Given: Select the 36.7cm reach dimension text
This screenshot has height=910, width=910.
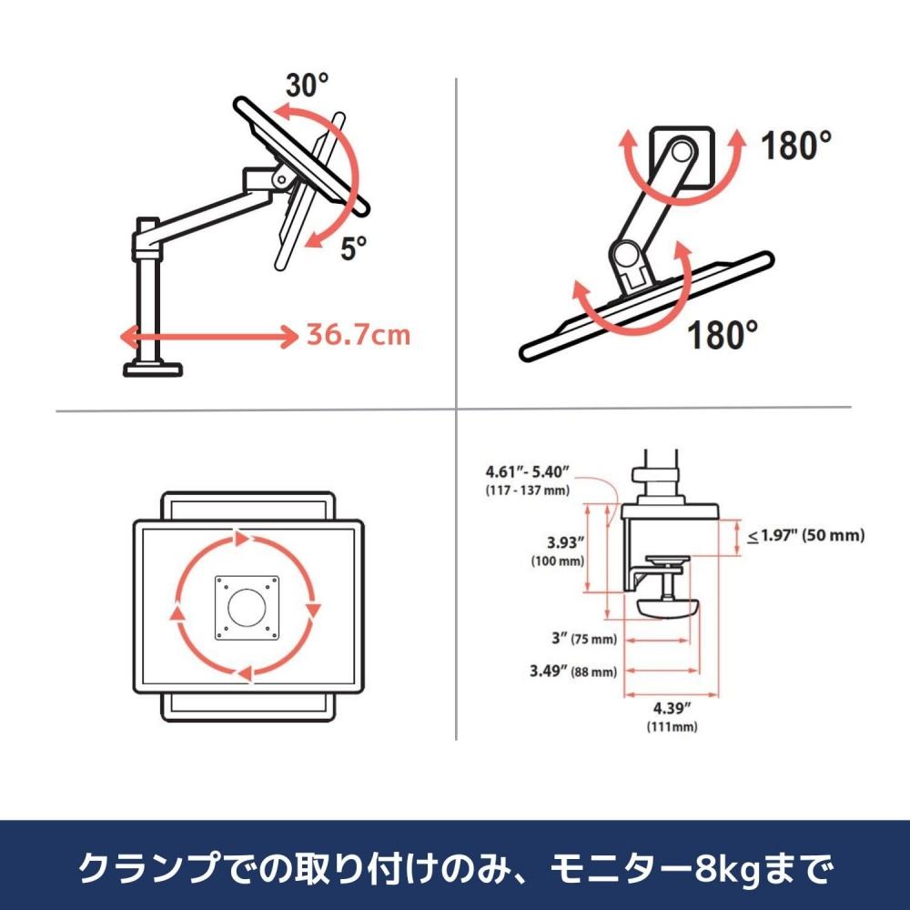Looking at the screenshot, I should click(358, 336).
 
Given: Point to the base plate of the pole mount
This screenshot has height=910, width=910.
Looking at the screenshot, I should click(154, 368).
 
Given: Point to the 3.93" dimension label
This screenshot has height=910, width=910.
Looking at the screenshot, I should click(558, 543).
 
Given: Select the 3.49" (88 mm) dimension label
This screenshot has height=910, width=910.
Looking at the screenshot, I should click(573, 672).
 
